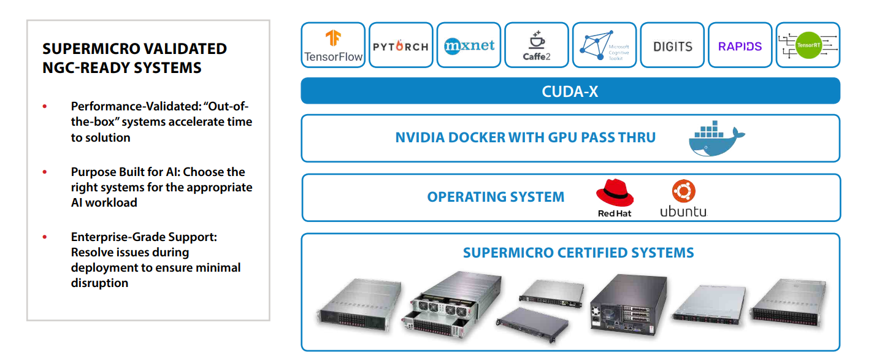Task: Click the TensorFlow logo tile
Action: [x=333, y=45]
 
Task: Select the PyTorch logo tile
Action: [x=401, y=46]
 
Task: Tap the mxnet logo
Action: [x=469, y=45]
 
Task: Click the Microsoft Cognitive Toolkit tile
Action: [x=604, y=45]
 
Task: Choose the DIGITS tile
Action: [x=672, y=46]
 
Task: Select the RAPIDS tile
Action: [x=740, y=46]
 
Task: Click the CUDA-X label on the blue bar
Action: [x=570, y=91]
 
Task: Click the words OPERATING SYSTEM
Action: [x=496, y=197]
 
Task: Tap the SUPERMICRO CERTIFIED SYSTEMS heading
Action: [x=578, y=253]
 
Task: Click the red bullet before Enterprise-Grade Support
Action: [x=45, y=237]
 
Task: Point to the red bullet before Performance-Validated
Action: [x=45, y=107]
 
